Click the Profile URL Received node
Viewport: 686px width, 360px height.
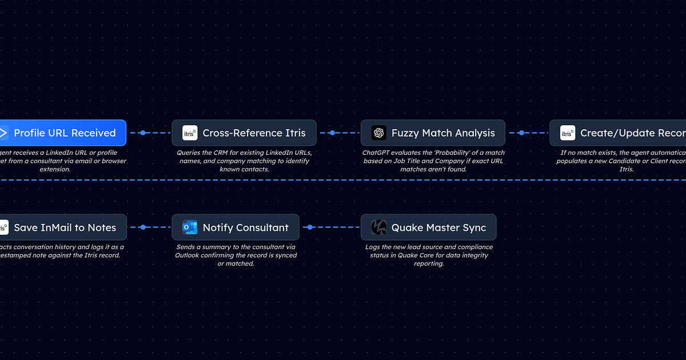63,133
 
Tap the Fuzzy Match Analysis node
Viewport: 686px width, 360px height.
433,133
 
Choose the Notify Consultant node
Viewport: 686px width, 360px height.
236,227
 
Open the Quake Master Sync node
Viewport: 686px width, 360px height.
428,227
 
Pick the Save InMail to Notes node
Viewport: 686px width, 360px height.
63,227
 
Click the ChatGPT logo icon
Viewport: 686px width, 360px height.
378,133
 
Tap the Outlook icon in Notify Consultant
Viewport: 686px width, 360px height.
189,227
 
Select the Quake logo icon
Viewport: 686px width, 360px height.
378,227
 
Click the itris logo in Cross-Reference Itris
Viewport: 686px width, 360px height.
190,133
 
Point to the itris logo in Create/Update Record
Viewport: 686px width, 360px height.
567,133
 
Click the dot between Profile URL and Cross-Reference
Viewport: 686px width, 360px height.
143,133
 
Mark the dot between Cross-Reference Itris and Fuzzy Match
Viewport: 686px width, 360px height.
332,133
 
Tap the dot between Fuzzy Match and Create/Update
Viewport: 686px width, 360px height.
521,133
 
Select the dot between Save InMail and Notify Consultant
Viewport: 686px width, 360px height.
143,227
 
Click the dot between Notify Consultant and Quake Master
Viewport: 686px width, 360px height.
310,227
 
